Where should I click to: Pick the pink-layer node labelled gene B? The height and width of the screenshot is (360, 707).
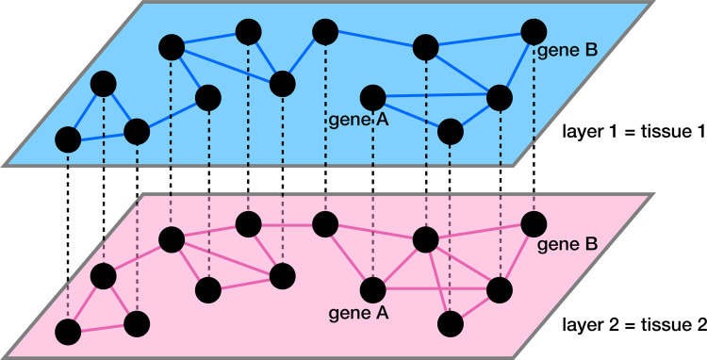[x=534, y=224]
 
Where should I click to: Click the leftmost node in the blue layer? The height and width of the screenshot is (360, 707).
[x=68, y=139]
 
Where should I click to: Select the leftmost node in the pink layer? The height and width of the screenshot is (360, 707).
[x=68, y=331]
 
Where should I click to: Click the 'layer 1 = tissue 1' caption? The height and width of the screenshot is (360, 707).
[x=633, y=129]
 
